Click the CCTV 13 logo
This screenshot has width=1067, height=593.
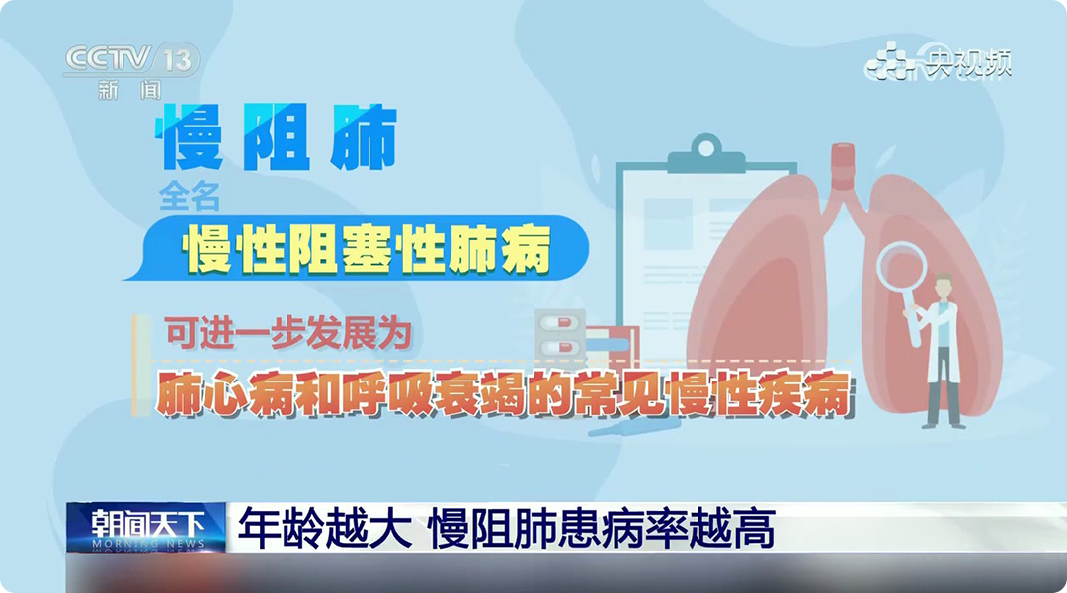tap(131, 60)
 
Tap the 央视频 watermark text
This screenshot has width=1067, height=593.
tap(968, 63)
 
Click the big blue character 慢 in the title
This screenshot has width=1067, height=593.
tap(190, 136)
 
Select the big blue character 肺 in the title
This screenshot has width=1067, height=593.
tap(364, 136)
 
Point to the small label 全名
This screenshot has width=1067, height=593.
tap(189, 196)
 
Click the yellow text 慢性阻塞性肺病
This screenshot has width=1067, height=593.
tap(367, 248)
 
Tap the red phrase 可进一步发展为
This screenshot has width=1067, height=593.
tap(287, 334)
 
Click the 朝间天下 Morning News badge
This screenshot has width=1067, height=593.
tap(146, 527)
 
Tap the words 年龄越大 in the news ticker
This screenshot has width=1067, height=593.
tap(325, 528)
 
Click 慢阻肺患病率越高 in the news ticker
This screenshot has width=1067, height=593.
tap(602, 528)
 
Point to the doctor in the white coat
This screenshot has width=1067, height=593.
tap(942, 351)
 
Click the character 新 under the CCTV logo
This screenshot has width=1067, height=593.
tap(109, 90)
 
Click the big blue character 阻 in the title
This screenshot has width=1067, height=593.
tap(277, 136)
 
